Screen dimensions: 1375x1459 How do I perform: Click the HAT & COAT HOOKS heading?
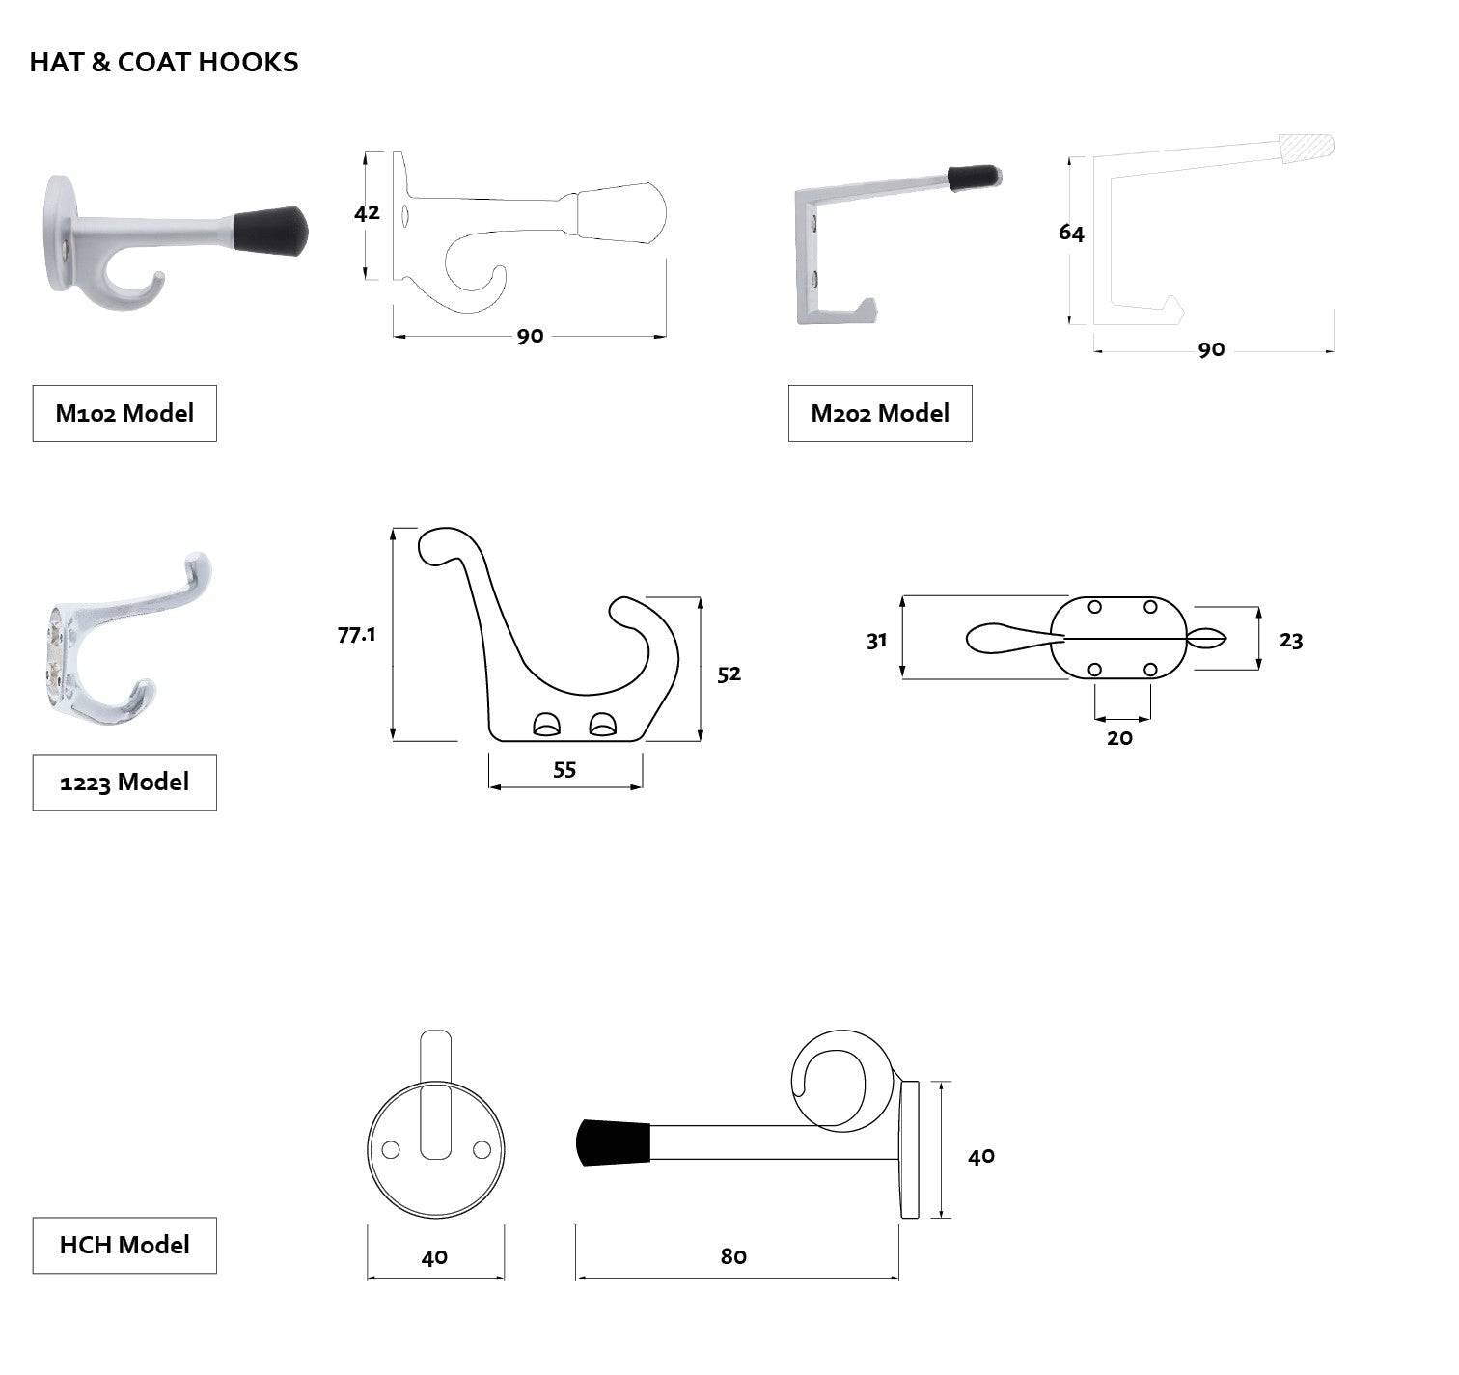click(x=164, y=62)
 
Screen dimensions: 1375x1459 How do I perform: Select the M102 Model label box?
click(x=124, y=413)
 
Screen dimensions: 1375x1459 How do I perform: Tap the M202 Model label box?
click(x=879, y=413)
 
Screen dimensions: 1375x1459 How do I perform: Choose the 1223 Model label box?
click(x=124, y=782)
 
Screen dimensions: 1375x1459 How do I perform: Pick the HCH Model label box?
click(x=124, y=1245)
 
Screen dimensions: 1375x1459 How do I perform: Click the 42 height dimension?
click(x=367, y=212)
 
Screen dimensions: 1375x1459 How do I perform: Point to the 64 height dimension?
click(x=1071, y=233)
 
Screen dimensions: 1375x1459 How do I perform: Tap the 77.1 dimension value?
click(x=356, y=635)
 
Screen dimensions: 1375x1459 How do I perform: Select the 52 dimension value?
click(x=729, y=674)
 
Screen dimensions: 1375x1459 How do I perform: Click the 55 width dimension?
click(x=564, y=769)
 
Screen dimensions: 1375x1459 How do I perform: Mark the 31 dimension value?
click(x=876, y=641)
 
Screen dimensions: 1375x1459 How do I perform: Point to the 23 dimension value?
click(x=1290, y=641)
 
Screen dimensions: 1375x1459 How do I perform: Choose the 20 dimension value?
click(x=1119, y=738)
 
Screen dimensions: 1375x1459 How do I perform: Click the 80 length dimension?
click(x=733, y=1256)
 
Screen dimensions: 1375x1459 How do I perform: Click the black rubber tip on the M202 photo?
click(x=973, y=178)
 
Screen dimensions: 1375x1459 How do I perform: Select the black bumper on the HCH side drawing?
click(x=614, y=1142)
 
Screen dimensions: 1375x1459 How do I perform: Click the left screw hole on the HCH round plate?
click(x=391, y=1149)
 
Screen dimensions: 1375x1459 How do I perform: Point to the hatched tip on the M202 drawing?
click(x=1307, y=148)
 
